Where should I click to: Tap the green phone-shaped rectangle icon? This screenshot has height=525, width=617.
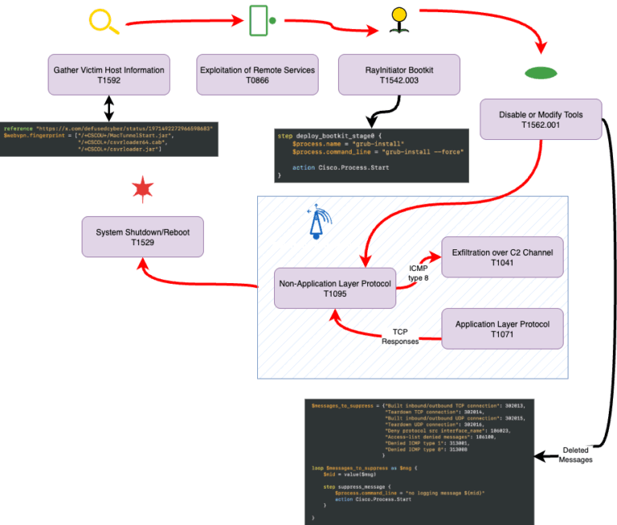(x=258, y=20)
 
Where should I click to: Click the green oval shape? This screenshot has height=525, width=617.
(x=541, y=73)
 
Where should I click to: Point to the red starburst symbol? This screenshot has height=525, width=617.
(x=142, y=190)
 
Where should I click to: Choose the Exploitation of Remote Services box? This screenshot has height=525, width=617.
(x=257, y=76)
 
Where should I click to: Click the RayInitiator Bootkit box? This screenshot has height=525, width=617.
(x=399, y=76)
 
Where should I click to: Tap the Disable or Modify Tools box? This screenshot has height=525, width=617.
(x=541, y=120)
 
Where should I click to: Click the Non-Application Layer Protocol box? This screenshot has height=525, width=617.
(x=334, y=288)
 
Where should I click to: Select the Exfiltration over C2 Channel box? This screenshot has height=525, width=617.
(x=503, y=257)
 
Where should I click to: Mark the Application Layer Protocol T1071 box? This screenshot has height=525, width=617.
(x=503, y=329)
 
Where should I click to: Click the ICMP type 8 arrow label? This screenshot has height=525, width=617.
(x=419, y=273)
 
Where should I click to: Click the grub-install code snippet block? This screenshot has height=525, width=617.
(x=370, y=155)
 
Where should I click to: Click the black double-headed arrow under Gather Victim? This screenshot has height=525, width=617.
(x=108, y=109)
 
